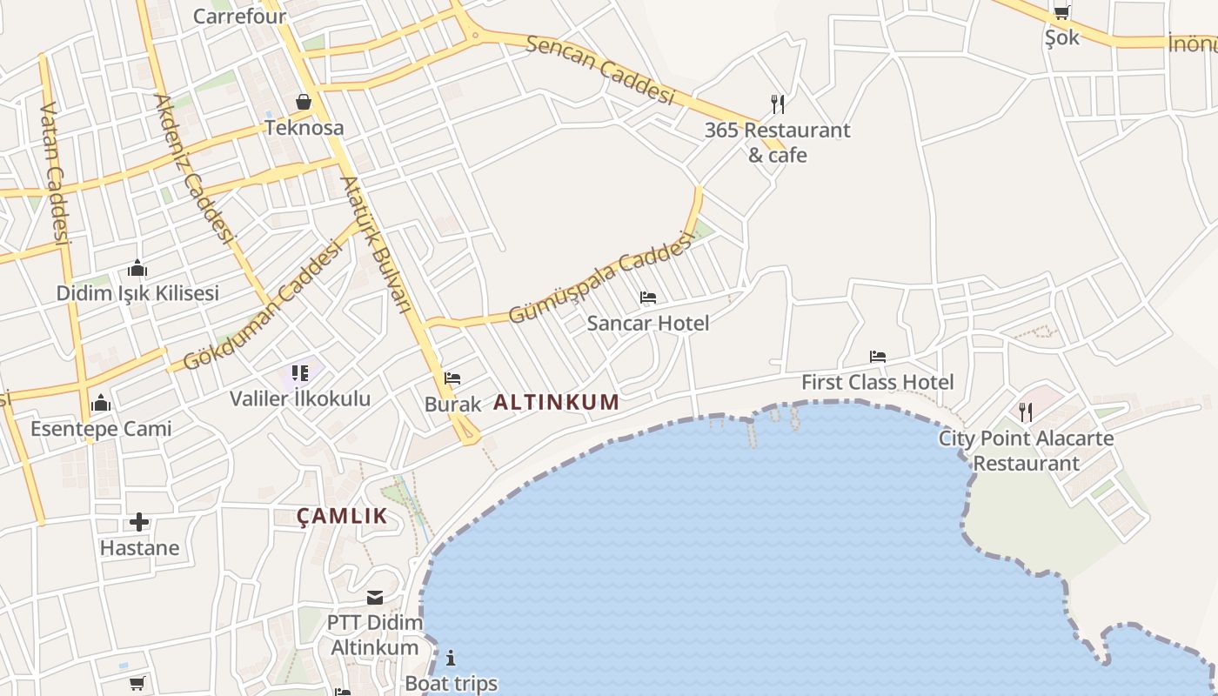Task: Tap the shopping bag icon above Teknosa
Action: (x=304, y=103)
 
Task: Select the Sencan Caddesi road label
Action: (x=600, y=70)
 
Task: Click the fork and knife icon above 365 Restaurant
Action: (x=778, y=104)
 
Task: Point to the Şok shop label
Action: (x=1061, y=37)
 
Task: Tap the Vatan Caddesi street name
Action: (x=54, y=174)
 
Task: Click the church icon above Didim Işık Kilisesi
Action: (x=137, y=268)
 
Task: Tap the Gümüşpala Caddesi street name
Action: (x=601, y=278)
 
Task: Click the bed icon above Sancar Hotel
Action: (x=647, y=298)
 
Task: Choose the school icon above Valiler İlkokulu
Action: (x=300, y=374)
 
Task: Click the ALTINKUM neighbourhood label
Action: (x=557, y=403)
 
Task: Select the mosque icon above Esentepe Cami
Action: (x=101, y=403)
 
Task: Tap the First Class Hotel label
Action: (x=877, y=382)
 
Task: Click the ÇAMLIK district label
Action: (x=342, y=516)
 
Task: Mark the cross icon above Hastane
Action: (x=139, y=522)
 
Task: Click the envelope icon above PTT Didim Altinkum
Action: (x=375, y=598)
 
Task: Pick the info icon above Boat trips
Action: (x=451, y=658)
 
